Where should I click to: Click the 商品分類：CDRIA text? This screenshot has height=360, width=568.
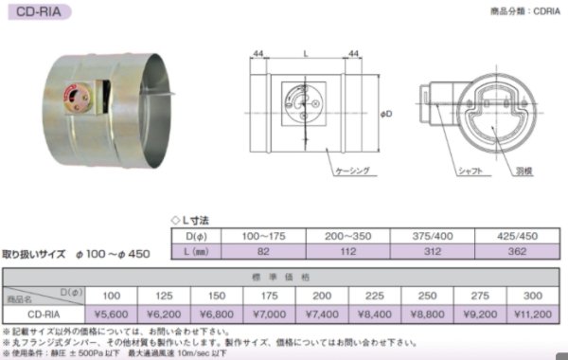pyautogui.click(x=518, y=12)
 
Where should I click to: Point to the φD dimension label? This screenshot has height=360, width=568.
pyautogui.click(x=385, y=115)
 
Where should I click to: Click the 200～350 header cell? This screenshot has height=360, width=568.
pyautogui.click(x=344, y=234)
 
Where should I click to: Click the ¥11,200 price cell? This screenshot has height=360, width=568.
pyautogui.click(x=533, y=311)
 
